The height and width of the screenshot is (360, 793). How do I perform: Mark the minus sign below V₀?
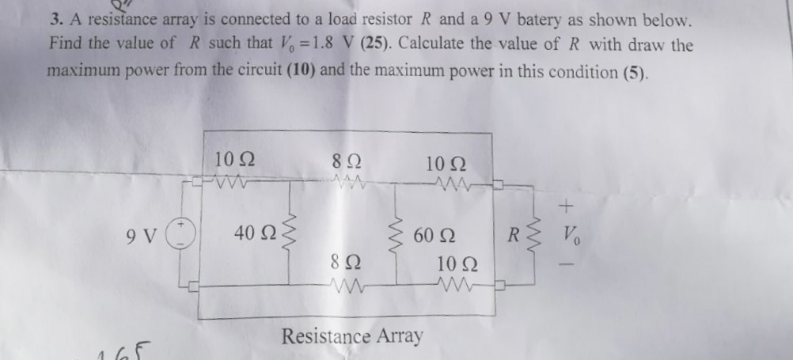click(x=565, y=265)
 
